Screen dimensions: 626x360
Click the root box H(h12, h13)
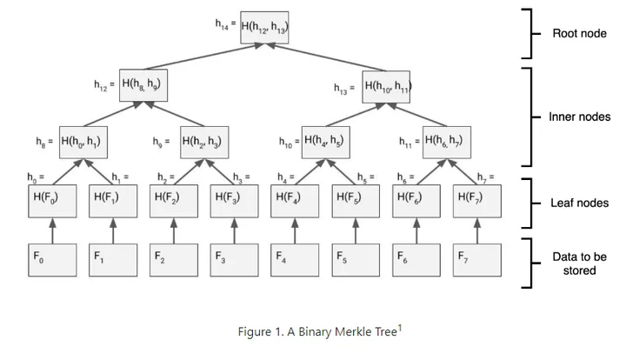[x=264, y=28]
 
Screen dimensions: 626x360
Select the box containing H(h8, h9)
[x=143, y=85]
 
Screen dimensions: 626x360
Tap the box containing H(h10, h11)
[x=386, y=87]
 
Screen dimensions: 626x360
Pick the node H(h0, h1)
[x=83, y=143]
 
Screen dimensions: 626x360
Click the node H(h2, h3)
[x=204, y=143]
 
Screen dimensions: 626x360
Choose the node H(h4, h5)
[x=326, y=143]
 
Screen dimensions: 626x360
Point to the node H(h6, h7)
[x=447, y=143]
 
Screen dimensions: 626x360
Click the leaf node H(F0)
[x=52, y=201]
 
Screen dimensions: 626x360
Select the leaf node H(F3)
[x=235, y=201]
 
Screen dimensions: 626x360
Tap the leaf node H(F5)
[x=356, y=201]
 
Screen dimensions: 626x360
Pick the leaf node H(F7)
[x=477, y=201]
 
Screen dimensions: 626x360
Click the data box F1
[x=113, y=260]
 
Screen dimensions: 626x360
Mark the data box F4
[x=295, y=260]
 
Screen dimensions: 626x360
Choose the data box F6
[x=416, y=260]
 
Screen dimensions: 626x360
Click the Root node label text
[x=579, y=34]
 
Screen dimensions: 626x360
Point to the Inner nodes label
[x=580, y=117]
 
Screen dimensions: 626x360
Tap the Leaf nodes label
[x=580, y=203]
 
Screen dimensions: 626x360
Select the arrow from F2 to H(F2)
[x=174, y=230]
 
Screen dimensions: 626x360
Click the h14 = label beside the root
[x=225, y=24]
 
